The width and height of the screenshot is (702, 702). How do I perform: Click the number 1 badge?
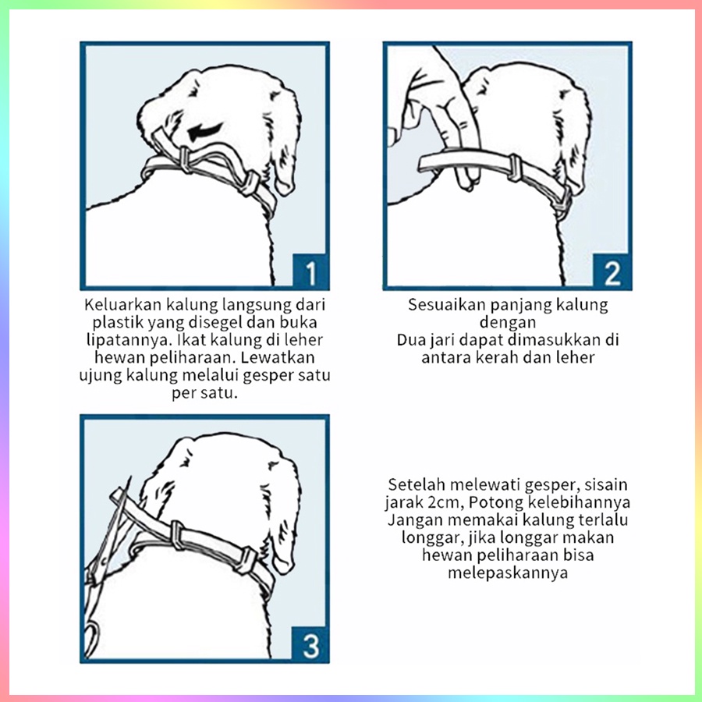click(x=310, y=271)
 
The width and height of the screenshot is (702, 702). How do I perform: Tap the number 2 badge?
click(x=612, y=271)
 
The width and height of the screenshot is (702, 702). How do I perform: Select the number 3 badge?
click(x=310, y=645)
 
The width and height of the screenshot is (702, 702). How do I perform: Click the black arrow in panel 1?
click(x=204, y=132)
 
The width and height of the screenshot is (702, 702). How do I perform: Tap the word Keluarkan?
click(x=122, y=305)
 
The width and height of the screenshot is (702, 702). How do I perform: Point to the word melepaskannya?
click(x=508, y=573)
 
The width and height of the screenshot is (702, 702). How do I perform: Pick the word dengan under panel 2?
click(x=508, y=323)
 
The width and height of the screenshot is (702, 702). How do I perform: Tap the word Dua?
click(x=412, y=340)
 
